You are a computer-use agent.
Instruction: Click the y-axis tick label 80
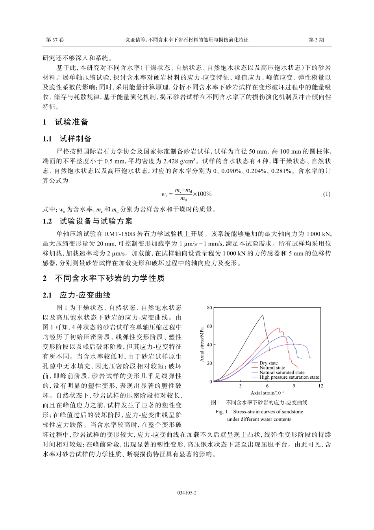[209, 308]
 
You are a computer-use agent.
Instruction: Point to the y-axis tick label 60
[209, 326]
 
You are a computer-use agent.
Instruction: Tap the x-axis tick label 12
[320, 386]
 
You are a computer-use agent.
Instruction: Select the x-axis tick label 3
[240, 386]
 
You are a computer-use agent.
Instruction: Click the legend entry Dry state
[268, 363]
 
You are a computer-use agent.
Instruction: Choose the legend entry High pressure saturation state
[289, 377]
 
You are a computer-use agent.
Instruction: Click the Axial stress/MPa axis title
[202, 344]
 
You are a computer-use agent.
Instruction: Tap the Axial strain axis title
[267, 393]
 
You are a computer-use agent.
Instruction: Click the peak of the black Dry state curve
[262, 315]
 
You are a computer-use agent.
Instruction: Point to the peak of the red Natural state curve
[279, 328]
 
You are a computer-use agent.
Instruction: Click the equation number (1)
[326, 194]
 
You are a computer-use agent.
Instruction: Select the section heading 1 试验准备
[66, 122]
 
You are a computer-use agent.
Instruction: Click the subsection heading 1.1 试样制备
[67, 139]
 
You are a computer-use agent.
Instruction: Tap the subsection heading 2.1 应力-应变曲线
[77, 295]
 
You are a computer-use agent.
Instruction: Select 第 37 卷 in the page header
[55, 40]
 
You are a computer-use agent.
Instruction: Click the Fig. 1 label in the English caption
[222, 412]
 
